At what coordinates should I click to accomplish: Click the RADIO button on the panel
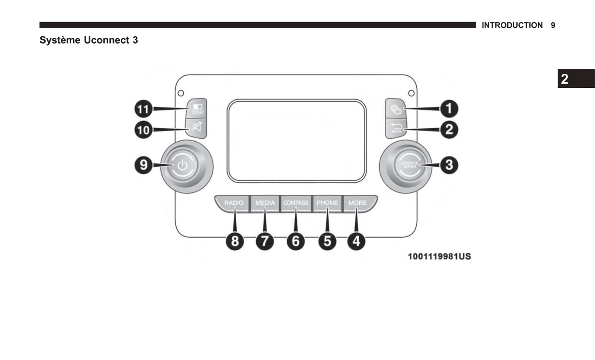[x=233, y=203]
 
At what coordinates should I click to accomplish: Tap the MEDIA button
[x=265, y=203]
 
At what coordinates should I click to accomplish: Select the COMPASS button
[x=296, y=203]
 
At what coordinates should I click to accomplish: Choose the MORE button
[x=357, y=203]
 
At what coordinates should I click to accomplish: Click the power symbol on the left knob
[x=182, y=166]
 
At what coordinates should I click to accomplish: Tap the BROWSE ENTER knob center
[x=409, y=165]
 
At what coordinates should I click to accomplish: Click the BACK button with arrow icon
[x=396, y=128]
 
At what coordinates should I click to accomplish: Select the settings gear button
[x=396, y=109]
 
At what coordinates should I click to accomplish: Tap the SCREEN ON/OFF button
[x=197, y=109]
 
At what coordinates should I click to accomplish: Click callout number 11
[x=143, y=109]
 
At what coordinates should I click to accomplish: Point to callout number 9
[x=143, y=165]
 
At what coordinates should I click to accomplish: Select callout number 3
[x=449, y=165]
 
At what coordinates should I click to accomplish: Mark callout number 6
[x=296, y=241]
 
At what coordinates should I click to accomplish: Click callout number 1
[x=449, y=109]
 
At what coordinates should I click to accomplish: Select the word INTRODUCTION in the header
[x=512, y=26]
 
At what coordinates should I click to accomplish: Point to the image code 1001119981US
[x=439, y=257]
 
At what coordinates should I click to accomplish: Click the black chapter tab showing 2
[x=576, y=79]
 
